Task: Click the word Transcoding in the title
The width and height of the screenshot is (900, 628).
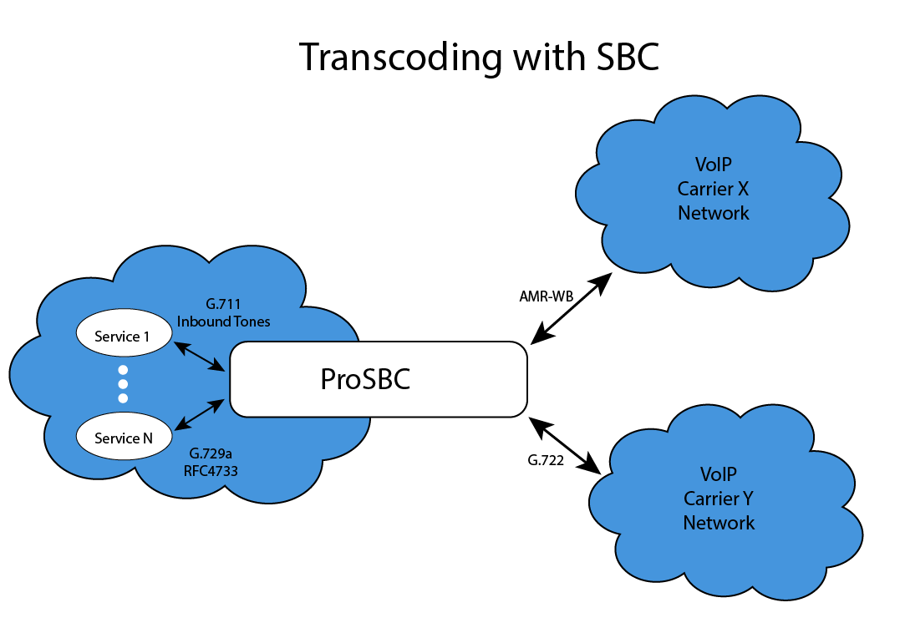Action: (400, 58)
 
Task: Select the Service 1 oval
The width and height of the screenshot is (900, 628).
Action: (123, 337)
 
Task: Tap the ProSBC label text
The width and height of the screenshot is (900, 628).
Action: (366, 380)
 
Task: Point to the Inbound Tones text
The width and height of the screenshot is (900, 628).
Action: (223, 322)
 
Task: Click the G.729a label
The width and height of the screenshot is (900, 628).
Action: (211, 453)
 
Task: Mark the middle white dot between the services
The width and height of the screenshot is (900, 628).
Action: (123, 384)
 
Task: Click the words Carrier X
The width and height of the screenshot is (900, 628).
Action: (713, 188)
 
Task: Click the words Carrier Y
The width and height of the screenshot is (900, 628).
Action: (719, 499)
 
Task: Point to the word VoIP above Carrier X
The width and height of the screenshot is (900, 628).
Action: (713, 164)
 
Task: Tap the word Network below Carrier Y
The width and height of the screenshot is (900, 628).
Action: (719, 524)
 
